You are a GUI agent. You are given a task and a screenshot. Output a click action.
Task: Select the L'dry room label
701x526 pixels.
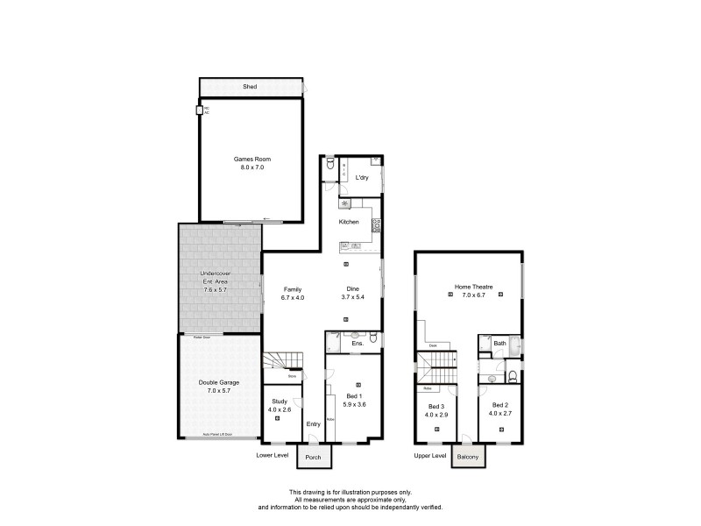pyautogui.click(x=361, y=178)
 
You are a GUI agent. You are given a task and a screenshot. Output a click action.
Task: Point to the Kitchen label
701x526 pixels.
pyautogui.click(x=350, y=222)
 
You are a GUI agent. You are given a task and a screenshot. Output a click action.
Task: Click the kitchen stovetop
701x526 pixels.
pyautogui.click(x=376, y=225)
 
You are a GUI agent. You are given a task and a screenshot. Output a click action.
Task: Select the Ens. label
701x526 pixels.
pyautogui.click(x=357, y=344)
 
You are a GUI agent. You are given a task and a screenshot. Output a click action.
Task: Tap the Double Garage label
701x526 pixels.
pyautogui.click(x=219, y=382)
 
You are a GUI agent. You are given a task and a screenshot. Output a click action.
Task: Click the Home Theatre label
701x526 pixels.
pyautogui.click(x=473, y=287)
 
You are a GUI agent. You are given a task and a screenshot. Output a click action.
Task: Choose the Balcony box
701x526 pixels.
pyautogui.click(x=467, y=457)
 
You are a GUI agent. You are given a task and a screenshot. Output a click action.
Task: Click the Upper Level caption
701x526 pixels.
pyautogui.click(x=430, y=456)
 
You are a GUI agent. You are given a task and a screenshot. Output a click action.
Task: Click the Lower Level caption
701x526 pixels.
pyautogui.click(x=272, y=456)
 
